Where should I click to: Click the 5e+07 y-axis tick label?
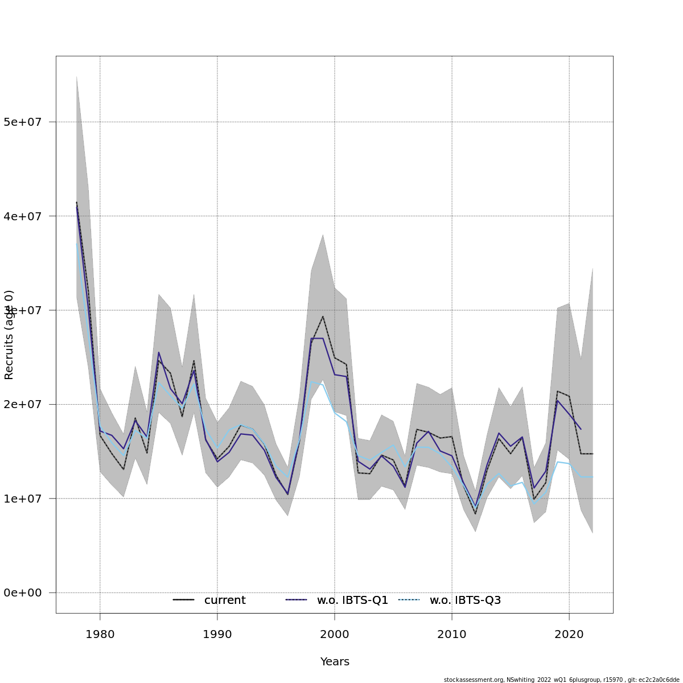(27, 122)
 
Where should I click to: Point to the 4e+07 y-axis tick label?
(27, 216)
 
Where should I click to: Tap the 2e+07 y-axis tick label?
(27, 405)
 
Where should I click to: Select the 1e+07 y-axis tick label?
(27, 499)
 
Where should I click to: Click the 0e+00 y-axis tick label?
(27, 593)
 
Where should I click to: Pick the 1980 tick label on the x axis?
(100, 633)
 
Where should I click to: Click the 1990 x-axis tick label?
(217, 633)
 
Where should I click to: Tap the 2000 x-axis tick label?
(335, 633)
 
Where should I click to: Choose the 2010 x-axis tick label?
(452, 633)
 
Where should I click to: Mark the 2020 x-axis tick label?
(569, 633)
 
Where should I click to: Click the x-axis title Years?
(335, 662)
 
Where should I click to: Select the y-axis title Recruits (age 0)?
(9, 335)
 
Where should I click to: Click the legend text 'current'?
(225, 600)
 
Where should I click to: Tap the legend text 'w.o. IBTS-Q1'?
(352, 600)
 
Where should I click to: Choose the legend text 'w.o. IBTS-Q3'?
(465, 600)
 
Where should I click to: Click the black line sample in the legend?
(184, 600)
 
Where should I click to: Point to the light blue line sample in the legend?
(409, 600)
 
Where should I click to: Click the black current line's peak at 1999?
(323, 316)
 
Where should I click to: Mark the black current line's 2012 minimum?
(475, 514)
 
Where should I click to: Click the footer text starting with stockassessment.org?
(561, 680)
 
